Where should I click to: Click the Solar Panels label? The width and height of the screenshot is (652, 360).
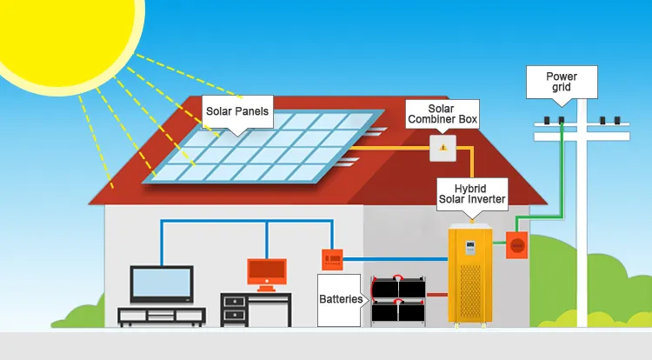pyautogui.click(x=236, y=111)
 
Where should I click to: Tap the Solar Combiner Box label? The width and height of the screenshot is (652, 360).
pyautogui.click(x=442, y=113)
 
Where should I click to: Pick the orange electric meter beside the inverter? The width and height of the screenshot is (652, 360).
pyautogui.click(x=519, y=246)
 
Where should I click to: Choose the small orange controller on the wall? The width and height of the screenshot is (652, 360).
pyautogui.click(x=332, y=257)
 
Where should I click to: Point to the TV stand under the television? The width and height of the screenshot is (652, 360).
pyautogui.click(x=161, y=317)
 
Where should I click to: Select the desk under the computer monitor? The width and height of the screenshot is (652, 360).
pyautogui.click(x=256, y=309)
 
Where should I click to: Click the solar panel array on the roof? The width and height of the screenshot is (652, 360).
pyautogui.click(x=261, y=148)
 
